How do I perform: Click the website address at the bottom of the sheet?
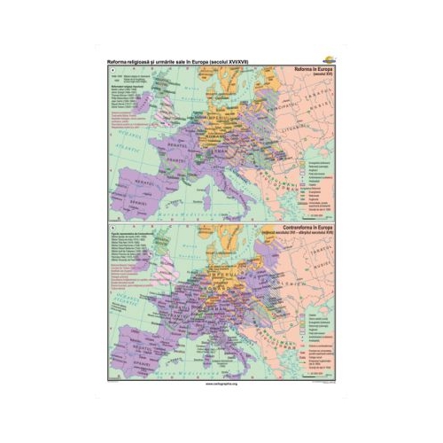(221, 387)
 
